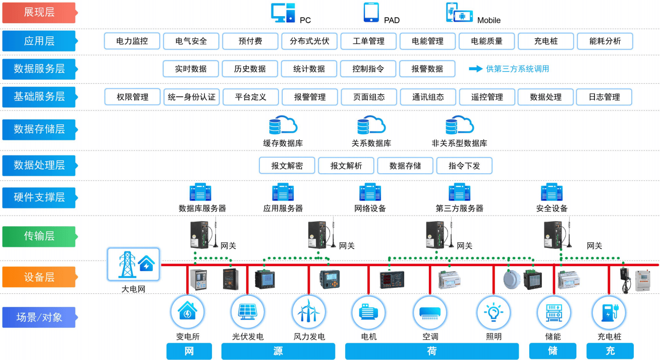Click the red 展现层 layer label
[39, 13]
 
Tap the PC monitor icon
[283, 13]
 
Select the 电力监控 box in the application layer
[132, 41]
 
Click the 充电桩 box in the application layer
[546, 41]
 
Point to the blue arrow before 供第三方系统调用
[475, 69]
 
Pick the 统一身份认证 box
[191, 97]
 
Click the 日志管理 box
[604, 97]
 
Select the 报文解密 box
[287, 166]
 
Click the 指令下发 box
[464, 166]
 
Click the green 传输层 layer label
[39, 236]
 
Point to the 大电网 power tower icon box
[133, 264]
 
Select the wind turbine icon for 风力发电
[309, 312]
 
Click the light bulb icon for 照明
[493, 312]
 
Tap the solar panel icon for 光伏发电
[247, 312]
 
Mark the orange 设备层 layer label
[39, 277]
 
